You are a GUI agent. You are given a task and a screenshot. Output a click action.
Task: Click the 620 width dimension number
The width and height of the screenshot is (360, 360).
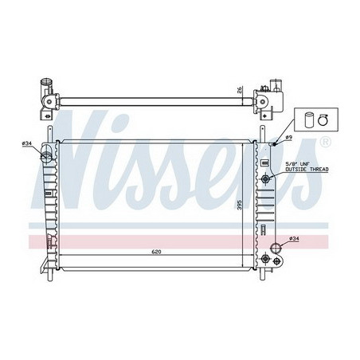point(156,252)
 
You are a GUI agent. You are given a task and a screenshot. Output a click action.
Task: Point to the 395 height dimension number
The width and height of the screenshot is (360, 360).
point(239,205)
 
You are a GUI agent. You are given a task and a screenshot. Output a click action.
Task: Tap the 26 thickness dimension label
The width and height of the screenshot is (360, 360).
point(240,90)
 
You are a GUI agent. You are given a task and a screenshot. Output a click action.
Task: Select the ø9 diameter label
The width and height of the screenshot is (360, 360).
point(289,137)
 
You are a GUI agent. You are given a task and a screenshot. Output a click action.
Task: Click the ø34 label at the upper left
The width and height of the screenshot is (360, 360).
point(27,143)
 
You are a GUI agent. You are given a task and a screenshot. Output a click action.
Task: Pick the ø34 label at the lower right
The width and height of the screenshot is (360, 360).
point(294,239)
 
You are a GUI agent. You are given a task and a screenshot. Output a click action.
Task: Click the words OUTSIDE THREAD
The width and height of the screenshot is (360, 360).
point(307,170)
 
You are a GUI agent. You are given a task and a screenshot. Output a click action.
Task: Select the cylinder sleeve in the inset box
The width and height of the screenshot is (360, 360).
point(309,120)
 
